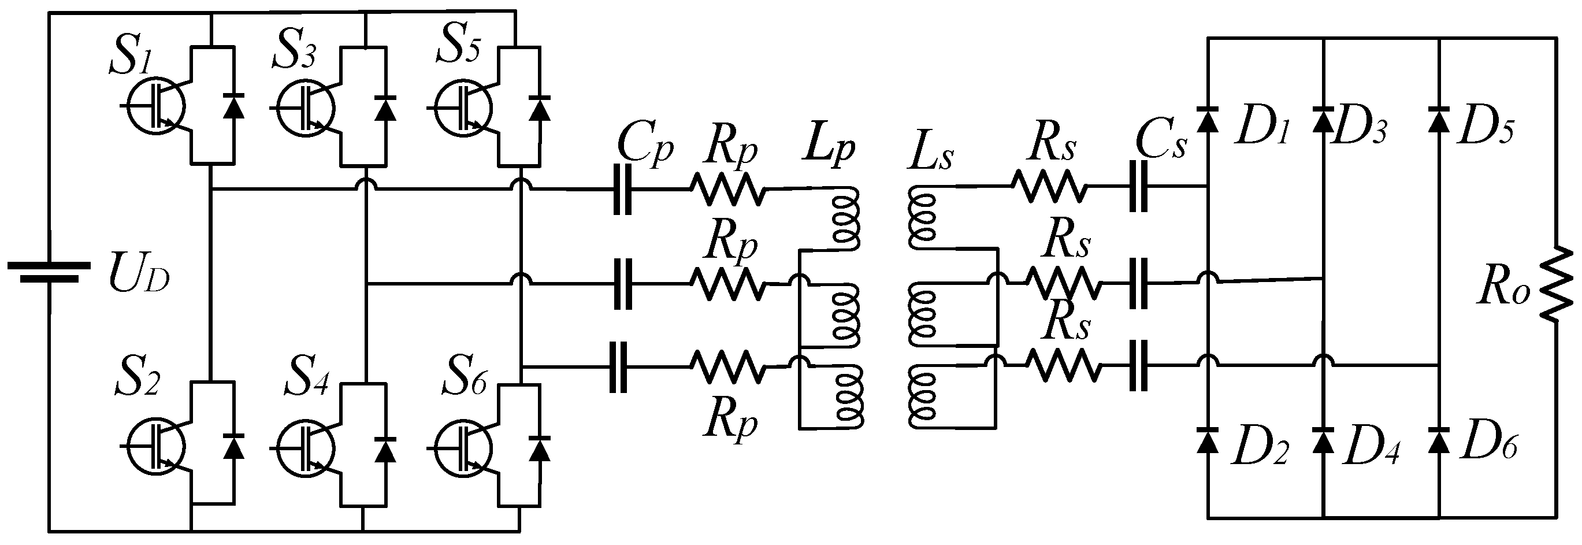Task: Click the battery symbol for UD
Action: pyautogui.click(x=49, y=272)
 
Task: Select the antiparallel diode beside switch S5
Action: pyautogui.click(x=540, y=107)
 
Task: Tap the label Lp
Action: pyautogui.click(x=829, y=150)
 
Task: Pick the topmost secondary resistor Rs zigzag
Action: pyautogui.click(x=1048, y=186)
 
